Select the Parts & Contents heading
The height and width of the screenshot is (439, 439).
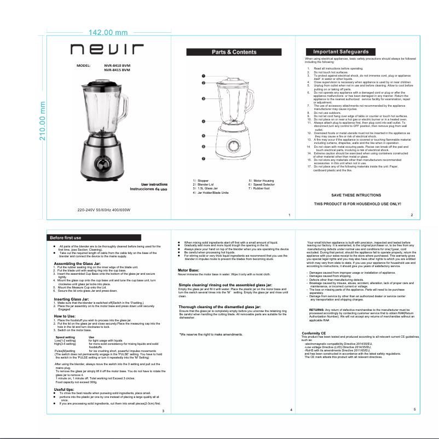[x=234, y=52]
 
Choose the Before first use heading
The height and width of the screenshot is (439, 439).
[x=66, y=238]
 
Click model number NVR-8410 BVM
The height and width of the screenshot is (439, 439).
[x=117, y=65]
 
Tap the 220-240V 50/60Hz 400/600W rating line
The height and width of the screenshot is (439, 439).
[x=104, y=210]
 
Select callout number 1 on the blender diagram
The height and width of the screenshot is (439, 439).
[x=203, y=76]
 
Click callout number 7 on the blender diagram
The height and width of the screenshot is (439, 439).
[x=203, y=159]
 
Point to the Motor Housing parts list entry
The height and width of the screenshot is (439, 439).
[x=262, y=181]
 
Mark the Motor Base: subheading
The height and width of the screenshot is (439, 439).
[x=189, y=270]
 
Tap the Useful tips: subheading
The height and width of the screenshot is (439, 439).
[x=64, y=389]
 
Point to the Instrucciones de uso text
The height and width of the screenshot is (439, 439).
[x=148, y=189]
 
